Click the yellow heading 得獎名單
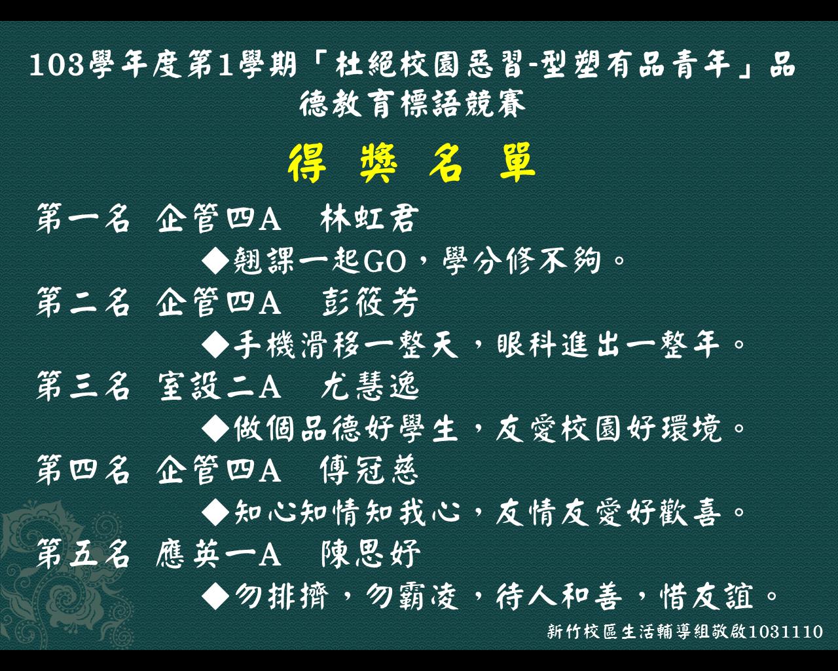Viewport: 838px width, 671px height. tap(411, 163)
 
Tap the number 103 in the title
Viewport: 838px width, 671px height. tap(56, 65)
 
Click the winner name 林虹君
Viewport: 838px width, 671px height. tap(369, 219)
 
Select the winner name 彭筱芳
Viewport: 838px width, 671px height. tap(370, 302)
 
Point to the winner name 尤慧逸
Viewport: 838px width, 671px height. tap(370, 386)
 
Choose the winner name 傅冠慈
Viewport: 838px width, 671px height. tap(369, 470)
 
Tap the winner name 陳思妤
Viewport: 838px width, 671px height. tap(371, 554)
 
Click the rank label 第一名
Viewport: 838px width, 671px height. tap(83, 219)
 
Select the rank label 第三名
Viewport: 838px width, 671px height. tap(83, 386)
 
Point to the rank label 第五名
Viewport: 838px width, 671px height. tap(83, 554)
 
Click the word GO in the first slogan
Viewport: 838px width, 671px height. tap(385, 261)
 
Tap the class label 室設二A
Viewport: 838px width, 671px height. tap(219, 386)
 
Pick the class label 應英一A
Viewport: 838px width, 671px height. tap(219, 554)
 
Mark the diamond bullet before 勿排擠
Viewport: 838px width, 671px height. tap(216, 596)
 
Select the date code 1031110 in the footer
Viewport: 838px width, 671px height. tap(786, 632)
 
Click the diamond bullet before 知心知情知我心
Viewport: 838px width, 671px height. tap(216, 512)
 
